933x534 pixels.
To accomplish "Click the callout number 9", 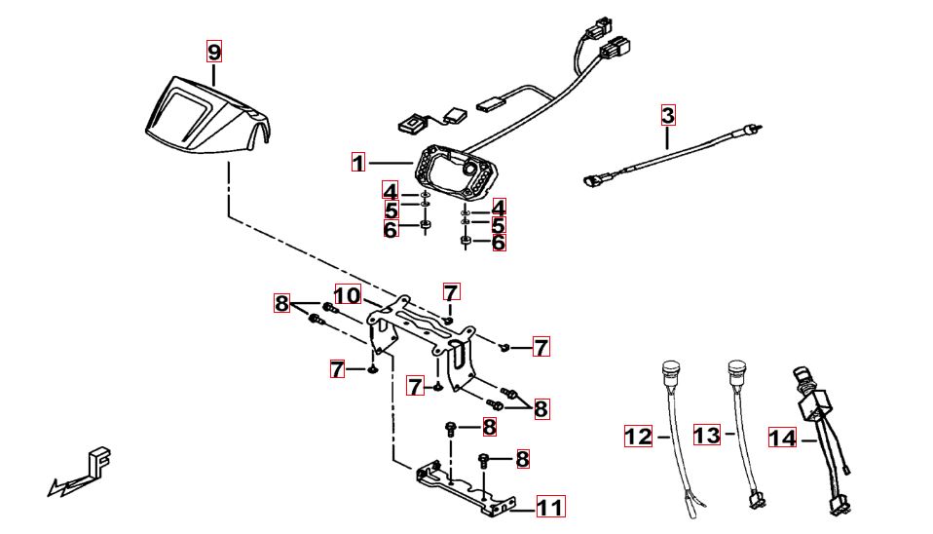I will (x=214, y=51).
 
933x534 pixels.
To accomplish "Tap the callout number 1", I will (x=358, y=163).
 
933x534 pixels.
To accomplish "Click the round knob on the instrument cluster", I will (x=473, y=169).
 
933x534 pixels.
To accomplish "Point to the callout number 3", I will (x=667, y=115).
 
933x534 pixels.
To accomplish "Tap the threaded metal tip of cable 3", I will (x=756, y=128).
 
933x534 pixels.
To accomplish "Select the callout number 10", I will (x=348, y=294).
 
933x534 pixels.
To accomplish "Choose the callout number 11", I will (x=549, y=507).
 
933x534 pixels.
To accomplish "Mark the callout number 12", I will (x=638, y=437).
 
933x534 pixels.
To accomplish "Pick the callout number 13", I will (x=707, y=435).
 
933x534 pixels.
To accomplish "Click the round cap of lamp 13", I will (x=735, y=369).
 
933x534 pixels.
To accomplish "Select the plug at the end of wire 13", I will (x=755, y=502).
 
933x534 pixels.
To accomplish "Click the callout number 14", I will (x=781, y=439).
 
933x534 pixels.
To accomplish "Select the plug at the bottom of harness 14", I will (x=837, y=505).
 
